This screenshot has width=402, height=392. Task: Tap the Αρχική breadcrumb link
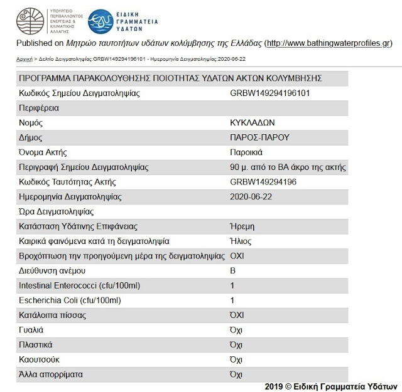[24, 59]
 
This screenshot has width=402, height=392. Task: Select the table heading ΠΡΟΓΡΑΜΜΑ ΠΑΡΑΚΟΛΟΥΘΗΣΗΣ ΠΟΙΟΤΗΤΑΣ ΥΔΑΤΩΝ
[170, 78]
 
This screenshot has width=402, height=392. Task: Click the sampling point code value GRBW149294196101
[270, 93]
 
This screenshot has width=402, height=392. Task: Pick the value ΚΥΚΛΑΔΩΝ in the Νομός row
[253, 123]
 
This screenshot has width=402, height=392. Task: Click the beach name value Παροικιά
[246, 152]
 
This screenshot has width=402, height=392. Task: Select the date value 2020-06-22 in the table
[251, 197]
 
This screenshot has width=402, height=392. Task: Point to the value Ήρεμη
[242, 226]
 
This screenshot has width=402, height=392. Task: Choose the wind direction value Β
[234, 271]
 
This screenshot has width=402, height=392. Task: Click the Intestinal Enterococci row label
[79, 286]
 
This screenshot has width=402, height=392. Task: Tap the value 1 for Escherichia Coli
[232, 301]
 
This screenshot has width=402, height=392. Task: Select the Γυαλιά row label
[31, 331]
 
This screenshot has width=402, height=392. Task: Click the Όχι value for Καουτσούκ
[236, 360]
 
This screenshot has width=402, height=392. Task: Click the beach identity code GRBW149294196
[263, 182]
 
